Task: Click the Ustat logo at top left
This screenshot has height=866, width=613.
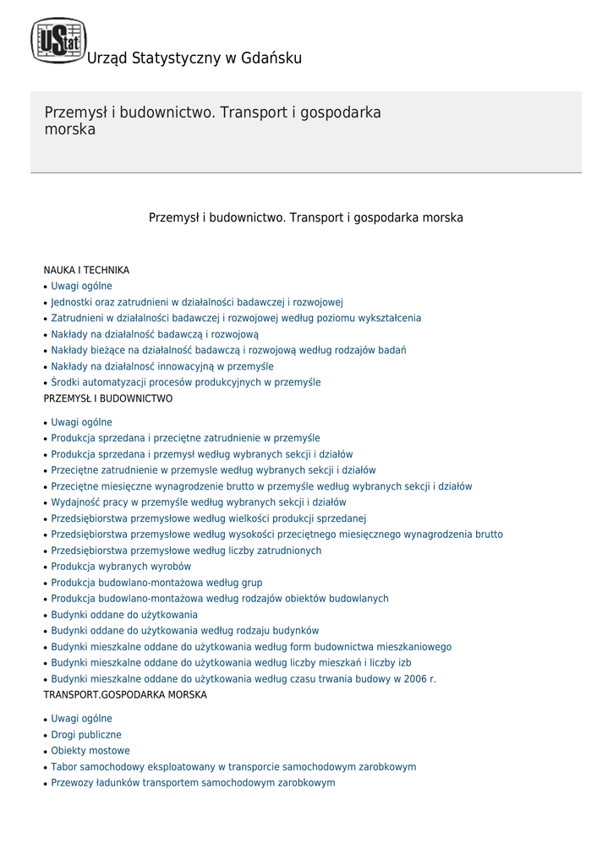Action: [58, 41]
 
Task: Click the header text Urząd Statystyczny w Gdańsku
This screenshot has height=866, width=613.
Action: [194, 58]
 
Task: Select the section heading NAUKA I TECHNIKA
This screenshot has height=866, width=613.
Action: [86, 271]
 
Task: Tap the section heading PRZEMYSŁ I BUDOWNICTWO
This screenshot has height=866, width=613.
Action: [108, 398]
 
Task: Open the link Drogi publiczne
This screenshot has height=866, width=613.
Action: [86, 735]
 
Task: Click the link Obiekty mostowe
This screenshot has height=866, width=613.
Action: [90, 751]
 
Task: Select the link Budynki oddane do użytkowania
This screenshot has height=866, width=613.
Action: [124, 615]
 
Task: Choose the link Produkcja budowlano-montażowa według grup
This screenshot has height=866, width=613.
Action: [156, 583]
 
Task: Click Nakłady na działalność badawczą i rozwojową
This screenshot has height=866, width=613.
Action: [155, 334]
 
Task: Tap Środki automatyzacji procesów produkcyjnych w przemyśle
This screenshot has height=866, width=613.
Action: [186, 382]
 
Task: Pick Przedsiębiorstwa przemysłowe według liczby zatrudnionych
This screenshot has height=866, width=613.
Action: [186, 551]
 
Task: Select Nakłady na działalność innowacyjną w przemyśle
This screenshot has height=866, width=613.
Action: [162, 366]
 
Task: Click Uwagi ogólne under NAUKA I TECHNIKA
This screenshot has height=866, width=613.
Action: [81, 287]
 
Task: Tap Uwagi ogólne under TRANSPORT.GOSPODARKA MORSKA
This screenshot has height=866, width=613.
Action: [81, 719]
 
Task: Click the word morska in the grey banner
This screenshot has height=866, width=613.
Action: [69, 130]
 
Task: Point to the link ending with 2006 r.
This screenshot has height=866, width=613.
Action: [244, 679]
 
